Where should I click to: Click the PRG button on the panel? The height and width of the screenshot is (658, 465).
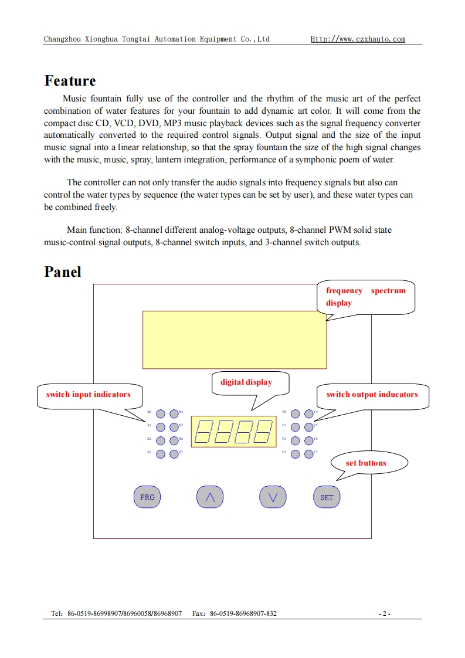point(147,497)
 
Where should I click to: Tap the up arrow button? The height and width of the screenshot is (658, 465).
point(210,497)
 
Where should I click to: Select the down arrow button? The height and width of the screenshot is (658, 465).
point(273,497)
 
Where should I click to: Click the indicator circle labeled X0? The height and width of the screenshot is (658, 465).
point(161,413)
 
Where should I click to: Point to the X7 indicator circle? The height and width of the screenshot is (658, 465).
point(174,454)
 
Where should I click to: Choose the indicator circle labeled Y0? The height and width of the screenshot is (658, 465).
point(296,413)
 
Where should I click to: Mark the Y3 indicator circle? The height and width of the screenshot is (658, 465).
point(296,454)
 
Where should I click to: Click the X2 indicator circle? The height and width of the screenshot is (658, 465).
point(161,440)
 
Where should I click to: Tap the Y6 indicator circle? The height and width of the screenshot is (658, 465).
point(309,440)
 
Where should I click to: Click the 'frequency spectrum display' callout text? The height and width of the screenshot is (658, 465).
point(366,297)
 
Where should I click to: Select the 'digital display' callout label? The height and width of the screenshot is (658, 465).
point(246,382)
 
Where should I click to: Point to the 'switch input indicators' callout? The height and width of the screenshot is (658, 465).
point(89,395)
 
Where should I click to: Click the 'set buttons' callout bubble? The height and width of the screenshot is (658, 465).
point(366,463)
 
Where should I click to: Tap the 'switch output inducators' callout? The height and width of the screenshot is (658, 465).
point(372,395)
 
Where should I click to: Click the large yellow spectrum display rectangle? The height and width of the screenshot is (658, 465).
point(235,340)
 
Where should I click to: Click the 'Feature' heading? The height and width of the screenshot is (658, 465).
point(70,81)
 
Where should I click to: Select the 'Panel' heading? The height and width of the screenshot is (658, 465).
point(63,272)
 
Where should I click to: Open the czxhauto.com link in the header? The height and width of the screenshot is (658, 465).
point(358,39)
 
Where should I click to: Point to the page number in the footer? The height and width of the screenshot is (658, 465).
point(385,614)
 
